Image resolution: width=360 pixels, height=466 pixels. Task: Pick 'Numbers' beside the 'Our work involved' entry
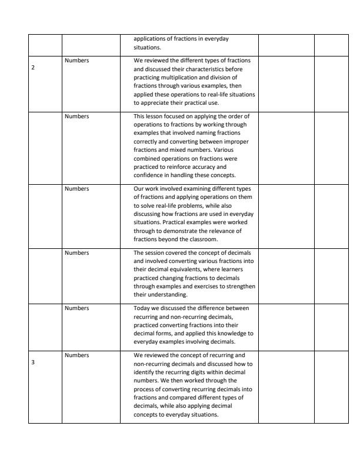point(76,189)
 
